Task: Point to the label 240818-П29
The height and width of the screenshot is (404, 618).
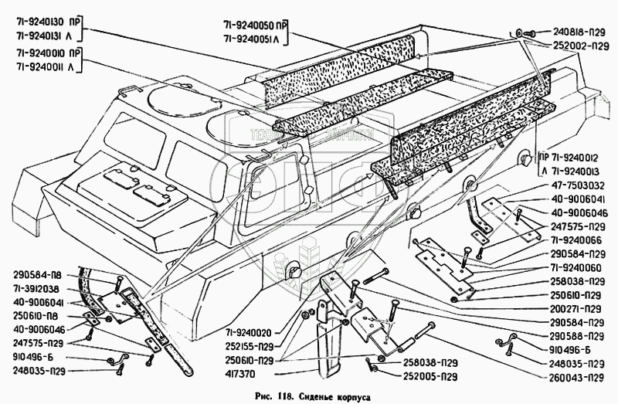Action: (x=578, y=32)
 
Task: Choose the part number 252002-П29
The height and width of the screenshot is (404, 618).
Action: (x=578, y=46)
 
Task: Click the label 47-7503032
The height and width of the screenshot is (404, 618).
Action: (x=573, y=186)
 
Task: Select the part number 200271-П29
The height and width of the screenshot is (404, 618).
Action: (x=573, y=307)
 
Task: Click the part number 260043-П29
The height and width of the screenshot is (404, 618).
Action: (x=573, y=377)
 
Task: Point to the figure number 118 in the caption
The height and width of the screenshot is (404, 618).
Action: (x=280, y=395)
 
